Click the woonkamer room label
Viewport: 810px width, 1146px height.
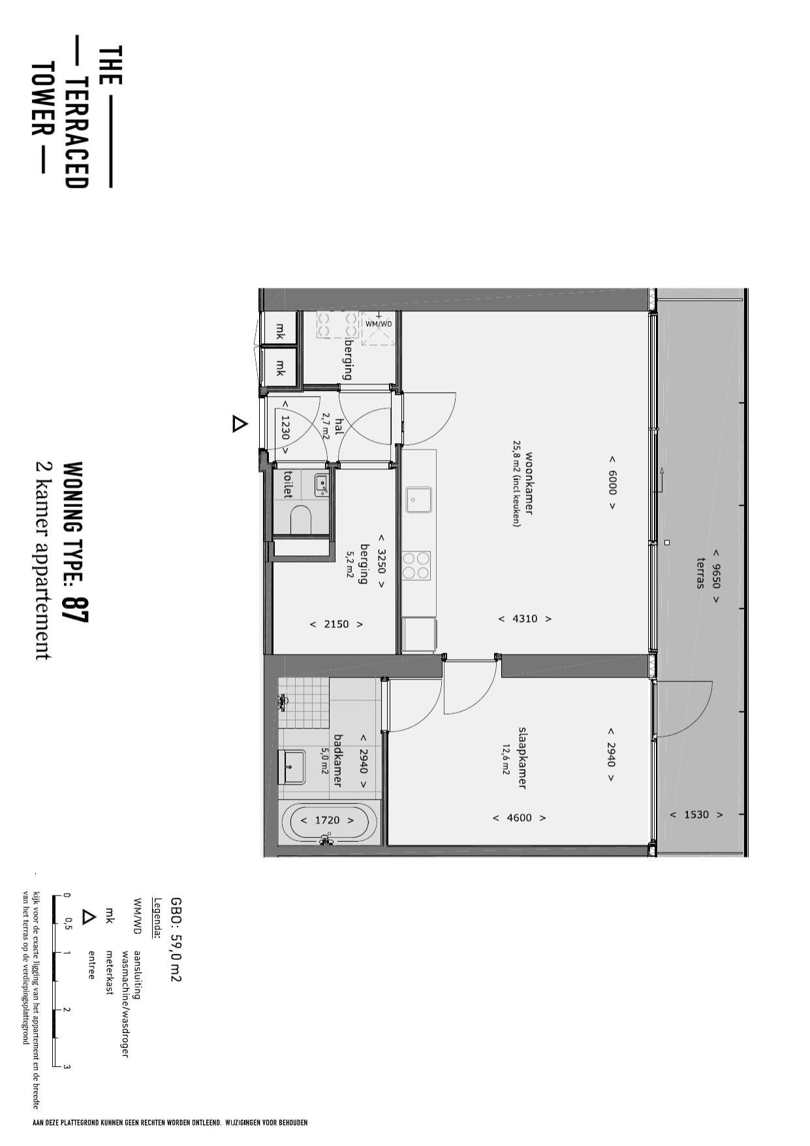[x=529, y=484]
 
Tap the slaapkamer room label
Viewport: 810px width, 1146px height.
[x=522, y=758]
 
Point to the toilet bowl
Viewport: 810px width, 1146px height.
[x=301, y=520]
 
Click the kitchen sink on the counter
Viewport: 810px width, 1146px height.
[x=418, y=500]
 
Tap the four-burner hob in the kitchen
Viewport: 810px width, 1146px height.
[x=416, y=565]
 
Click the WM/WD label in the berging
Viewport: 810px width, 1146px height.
[x=379, y=324]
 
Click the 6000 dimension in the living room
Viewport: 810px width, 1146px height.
[x=612, y=482]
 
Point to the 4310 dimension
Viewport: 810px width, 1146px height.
[x=525, y=619]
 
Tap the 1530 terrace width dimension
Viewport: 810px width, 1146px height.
[x=696, y=814]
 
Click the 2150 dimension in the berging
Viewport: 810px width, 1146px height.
[x=337, y=624]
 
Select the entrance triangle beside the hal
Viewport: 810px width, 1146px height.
[x=240, y=424]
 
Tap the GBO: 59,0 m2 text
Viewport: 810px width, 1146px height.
[x=175, y=939]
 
